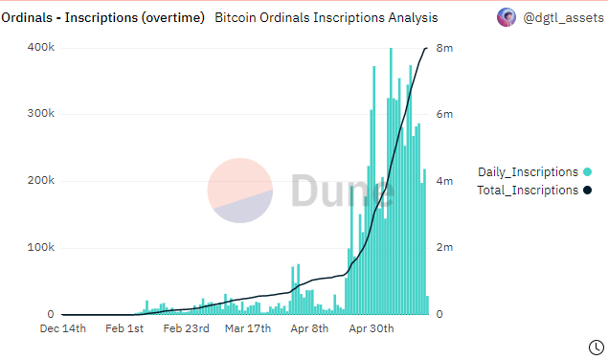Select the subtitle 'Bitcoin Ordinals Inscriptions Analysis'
(326, 17)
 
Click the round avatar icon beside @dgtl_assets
(506, 16)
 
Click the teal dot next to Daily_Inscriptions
(586, 171)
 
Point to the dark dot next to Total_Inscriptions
(586, 190)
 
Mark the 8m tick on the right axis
(445, 48)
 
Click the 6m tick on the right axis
(445, 114)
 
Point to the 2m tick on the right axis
(445, 248)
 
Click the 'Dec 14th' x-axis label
(62, 328)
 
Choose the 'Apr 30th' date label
(370, 328)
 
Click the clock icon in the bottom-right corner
(594, 346)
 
